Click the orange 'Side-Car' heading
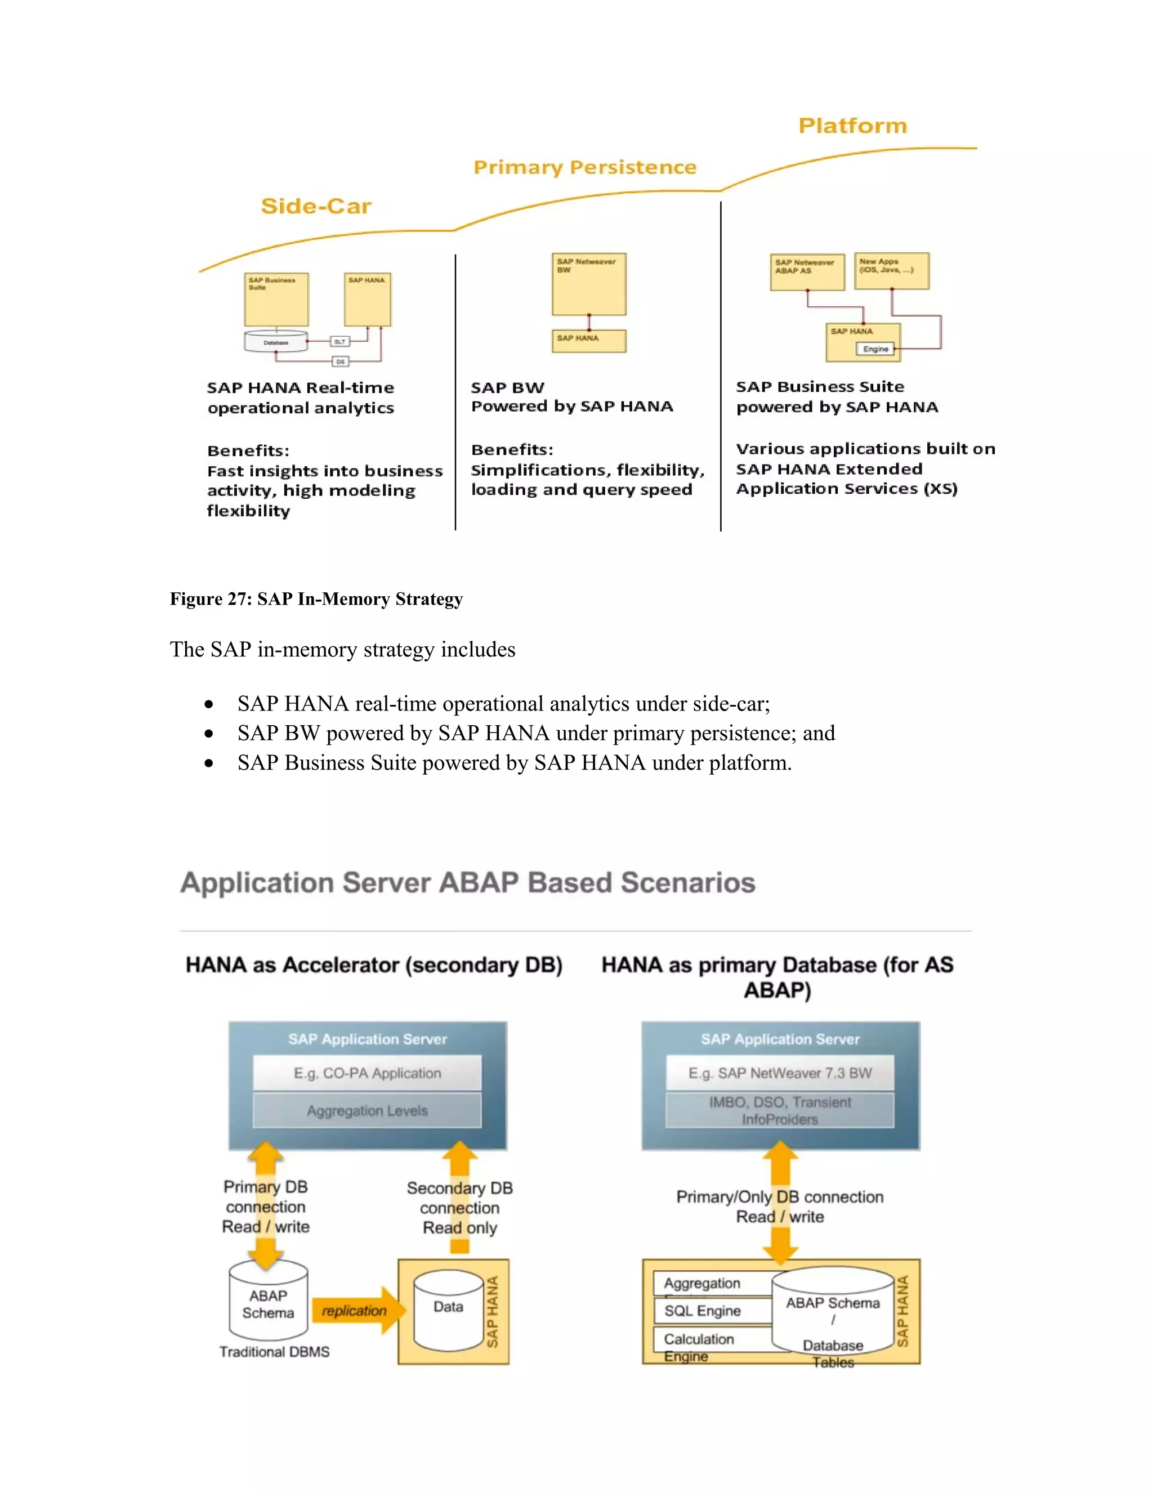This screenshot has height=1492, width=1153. [x=316, y=206]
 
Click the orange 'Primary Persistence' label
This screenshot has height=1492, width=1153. [x=585, y=167]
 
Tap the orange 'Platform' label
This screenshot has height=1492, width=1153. [x=852, y=126]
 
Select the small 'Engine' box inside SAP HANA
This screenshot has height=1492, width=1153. [x=875, y=349]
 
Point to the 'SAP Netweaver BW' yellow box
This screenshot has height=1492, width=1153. [x=589, y=284]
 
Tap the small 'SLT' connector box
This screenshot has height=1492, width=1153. [x=339, y=341]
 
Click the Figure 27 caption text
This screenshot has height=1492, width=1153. [x=316, y=599]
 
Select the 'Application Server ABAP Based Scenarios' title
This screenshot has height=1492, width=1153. [x=468, y=883]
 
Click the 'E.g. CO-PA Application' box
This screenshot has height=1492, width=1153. [x=368, y=1073]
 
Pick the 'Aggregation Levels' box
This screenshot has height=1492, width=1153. [x=368, y=1111]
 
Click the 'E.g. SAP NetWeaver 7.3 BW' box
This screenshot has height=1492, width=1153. [x=780, y=1073]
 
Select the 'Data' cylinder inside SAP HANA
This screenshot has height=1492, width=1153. [x=448, y=1310]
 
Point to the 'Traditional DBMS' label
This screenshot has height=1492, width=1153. [x=275, y=1352]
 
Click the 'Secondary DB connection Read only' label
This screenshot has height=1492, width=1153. [x=460, y=1208]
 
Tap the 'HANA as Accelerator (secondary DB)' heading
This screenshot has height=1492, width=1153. [x=374, y=965]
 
